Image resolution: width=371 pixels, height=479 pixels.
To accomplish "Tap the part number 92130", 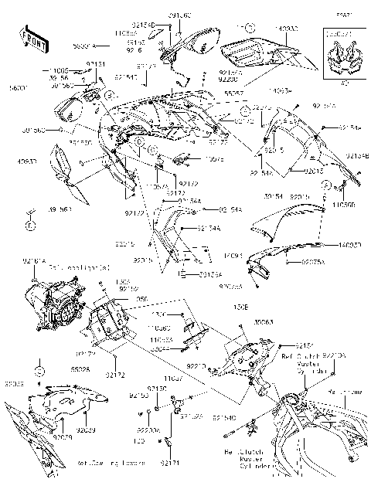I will pos(157,388).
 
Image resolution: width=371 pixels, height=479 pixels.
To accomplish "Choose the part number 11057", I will pos(173,379).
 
